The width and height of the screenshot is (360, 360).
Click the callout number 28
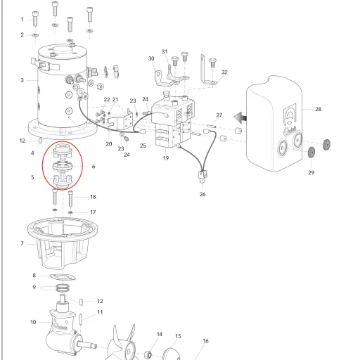318,109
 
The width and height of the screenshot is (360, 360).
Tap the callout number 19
166,158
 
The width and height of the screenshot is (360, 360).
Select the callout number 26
202,194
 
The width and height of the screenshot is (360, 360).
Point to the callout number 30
151,58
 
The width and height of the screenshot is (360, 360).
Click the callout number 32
224,72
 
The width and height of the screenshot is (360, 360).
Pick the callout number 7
22,243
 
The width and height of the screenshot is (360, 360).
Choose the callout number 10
33,322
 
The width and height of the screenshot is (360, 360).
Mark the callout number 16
205,341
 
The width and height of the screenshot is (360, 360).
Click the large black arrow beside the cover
240,117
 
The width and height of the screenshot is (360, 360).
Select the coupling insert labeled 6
63,166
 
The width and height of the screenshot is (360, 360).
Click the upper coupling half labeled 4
63,151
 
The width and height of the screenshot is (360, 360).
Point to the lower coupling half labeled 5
63,181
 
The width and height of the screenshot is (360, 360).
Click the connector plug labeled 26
202,176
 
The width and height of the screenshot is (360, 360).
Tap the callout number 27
219,115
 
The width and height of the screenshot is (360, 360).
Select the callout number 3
22,80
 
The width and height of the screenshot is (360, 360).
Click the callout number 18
93,197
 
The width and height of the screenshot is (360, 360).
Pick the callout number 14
160,334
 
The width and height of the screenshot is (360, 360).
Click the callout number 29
311,173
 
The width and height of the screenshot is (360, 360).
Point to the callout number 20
109,144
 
